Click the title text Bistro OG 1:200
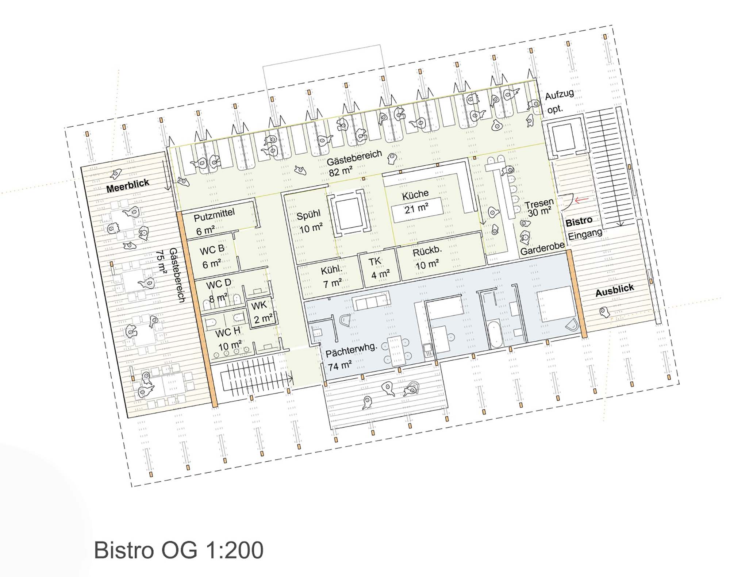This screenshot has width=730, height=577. pyautogui.click(x=178, y=550)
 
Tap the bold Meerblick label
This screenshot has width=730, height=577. pyautogui.click(x=128, y=185)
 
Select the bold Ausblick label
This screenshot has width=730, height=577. pyautogui.click(x=615, y=291)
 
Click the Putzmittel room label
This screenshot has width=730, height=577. pyautogui.click(x=214, y=215)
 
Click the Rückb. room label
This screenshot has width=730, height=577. pyautogui.click(x=427, y=252)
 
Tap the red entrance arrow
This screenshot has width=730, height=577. pyautogui.click(x=582, y=200)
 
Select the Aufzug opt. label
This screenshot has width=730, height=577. pyautogui.click(x=559, y=101)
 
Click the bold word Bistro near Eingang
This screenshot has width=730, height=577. pyautogui.click(x=579, y=222)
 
